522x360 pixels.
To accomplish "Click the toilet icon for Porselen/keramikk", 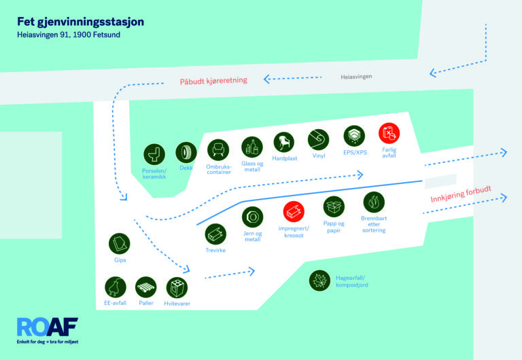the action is point(154,154).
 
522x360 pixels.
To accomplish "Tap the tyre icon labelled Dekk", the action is point(186,153).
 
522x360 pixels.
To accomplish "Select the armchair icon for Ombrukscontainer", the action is point(218,150).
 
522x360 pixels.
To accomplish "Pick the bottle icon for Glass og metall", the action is point(252,147).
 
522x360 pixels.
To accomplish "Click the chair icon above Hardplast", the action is point(284,143).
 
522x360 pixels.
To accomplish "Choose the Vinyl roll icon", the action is point(318,140).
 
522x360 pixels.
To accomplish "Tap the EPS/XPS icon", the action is point(354,136).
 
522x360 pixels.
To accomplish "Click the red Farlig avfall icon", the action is point(389,133).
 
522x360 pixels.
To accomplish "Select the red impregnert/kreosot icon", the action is point(294,212).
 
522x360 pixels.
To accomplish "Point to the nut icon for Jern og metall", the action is point(252,217).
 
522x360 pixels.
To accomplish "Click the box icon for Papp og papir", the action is point(334,206).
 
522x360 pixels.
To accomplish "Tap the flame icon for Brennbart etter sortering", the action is point(374,202).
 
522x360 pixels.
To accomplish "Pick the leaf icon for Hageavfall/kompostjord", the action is point(319,281).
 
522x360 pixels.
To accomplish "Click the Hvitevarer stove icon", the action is point(177,287).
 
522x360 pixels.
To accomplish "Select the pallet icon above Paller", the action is point(146,287).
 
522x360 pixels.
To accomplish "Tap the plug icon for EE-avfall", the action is point(115,287).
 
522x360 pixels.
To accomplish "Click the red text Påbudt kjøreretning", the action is point(213,81).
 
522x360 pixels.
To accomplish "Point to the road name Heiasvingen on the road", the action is point(356,77).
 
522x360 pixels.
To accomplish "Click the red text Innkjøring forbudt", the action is point(461,194).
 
